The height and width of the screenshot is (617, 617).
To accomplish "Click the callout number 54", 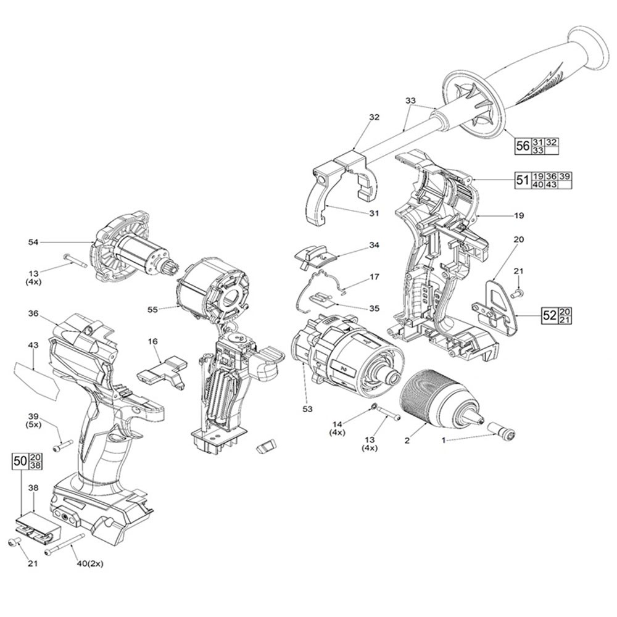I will click(x=33, y=243).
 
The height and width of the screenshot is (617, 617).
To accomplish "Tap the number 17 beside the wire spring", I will click(x=375, y=278).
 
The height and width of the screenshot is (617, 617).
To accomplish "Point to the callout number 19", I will click(x=518, y=215).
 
